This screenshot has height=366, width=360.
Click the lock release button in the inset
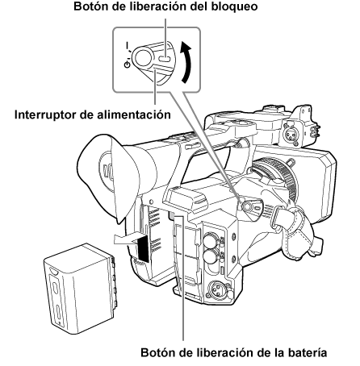[163, 58]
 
